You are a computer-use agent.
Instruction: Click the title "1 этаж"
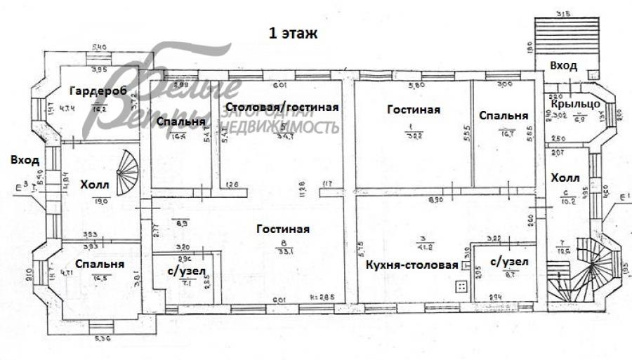(293, 32)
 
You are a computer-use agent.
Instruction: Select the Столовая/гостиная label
(282, 107)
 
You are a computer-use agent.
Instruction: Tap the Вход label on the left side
(24, 160)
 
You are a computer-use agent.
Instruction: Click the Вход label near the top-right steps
(563, 65)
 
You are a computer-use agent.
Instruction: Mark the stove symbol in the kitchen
(461, 286)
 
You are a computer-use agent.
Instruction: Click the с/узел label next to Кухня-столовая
(510, 262)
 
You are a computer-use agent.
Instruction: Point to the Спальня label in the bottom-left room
(100, 265)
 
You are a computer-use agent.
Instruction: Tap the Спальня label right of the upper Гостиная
(503, 115)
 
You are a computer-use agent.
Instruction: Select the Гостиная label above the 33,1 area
(283, 229)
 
